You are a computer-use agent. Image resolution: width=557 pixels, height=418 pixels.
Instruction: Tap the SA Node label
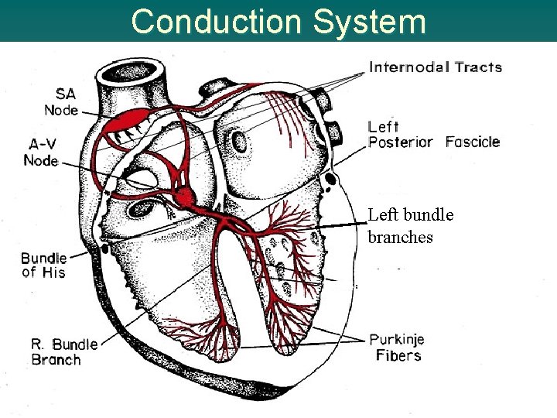pyautogui.click(x=61, y=101)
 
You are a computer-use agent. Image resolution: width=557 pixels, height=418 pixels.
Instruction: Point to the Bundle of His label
pyautogui.click(x=43, y=265)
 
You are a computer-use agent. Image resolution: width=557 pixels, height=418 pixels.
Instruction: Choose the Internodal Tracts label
pyautogui.click(x=436, y=67)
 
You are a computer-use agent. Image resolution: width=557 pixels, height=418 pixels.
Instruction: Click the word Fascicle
pyautogui.click(x=473, y=142)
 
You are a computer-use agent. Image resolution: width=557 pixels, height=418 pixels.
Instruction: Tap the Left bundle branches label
pyautogui.click(x=410, y=225)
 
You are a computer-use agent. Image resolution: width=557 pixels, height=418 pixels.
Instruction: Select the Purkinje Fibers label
pyautogui.click(x=397, y=348)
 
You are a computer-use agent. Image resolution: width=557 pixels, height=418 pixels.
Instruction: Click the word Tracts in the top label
pyautogui.click(x=478, y=67)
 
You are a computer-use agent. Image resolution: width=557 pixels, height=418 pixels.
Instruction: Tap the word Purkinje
pyautogui.click(x=397, y=340)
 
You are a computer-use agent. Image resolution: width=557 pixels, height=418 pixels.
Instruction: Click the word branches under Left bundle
pyautogui.click(x=400, y=237)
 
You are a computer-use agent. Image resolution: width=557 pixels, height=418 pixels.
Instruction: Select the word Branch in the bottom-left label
pyautogui.click(x=56, y=359)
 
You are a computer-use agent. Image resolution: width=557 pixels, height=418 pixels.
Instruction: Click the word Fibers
pyautogui.click(x=398, y=356)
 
